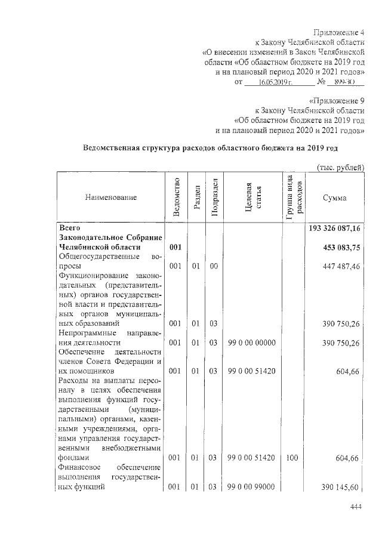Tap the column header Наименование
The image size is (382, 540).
point(111,197)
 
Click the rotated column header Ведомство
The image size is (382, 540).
point(175,197)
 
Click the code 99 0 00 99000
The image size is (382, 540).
point(251,487)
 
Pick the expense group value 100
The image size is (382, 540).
point(291,458)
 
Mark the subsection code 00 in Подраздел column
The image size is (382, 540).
point(213,266)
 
